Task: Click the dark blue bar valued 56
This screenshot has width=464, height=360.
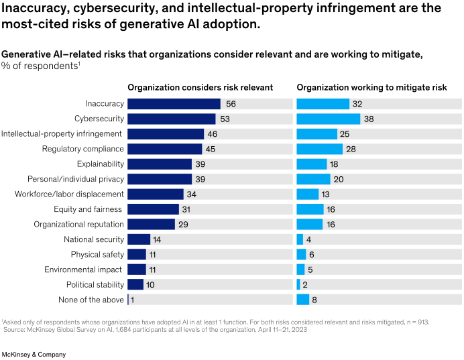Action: pos(174,104)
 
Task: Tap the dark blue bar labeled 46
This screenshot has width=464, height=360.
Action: pos(165,134)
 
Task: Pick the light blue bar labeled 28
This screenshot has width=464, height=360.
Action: pos(318,149)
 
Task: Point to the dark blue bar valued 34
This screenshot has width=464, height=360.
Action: pos(156,194)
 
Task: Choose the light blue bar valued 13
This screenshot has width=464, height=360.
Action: pos(307,194)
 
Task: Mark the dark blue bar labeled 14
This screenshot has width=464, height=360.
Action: pos(139,239)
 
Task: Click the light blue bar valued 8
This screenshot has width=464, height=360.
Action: pos(302,300)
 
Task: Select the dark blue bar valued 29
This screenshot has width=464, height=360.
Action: pos(151,225)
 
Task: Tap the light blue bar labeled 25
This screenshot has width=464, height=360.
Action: pos(316,134)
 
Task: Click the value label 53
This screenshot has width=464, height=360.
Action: pos(225,119)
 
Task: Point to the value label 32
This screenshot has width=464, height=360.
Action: pos(357,104)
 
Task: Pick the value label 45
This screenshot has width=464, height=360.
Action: pos(211,149)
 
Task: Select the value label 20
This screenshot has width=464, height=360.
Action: pos(339,179)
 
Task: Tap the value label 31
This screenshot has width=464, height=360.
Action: pos(187,209)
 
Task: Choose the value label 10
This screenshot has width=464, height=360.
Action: pos(151,285)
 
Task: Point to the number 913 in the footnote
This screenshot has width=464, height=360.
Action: pos(422,322)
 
